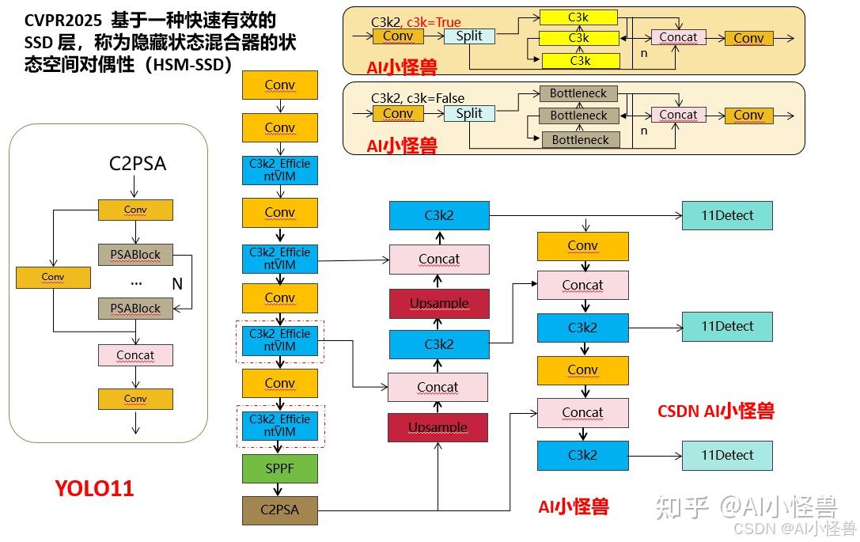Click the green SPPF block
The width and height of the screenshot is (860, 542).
click(279, 468)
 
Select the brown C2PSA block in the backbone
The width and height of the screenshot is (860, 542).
click(279, 510)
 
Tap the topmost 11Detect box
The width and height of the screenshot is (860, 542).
click(727, 215)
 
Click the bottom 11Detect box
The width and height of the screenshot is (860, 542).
click(727, 455)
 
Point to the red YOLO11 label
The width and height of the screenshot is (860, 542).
click(95, 489)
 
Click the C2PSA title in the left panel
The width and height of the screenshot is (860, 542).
click(137, 164)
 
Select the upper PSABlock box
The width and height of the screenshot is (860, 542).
click(135, 254)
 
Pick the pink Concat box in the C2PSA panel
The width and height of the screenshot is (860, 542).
click(135, 355)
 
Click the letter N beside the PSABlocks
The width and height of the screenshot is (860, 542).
click(177, 282)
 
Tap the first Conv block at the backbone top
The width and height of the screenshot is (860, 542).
click(279, 85)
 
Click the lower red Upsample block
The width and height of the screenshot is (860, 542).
click(438, 427)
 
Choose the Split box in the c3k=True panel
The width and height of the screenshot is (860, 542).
click(469, 36)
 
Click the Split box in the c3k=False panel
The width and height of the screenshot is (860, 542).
click(469, 113)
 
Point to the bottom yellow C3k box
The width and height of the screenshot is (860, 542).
click(579, 60)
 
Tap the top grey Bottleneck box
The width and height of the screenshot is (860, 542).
click(578, 93)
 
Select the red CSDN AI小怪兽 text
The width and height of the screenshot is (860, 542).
click(715, 411)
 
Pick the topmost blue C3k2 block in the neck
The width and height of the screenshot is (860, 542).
click(439, 215)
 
